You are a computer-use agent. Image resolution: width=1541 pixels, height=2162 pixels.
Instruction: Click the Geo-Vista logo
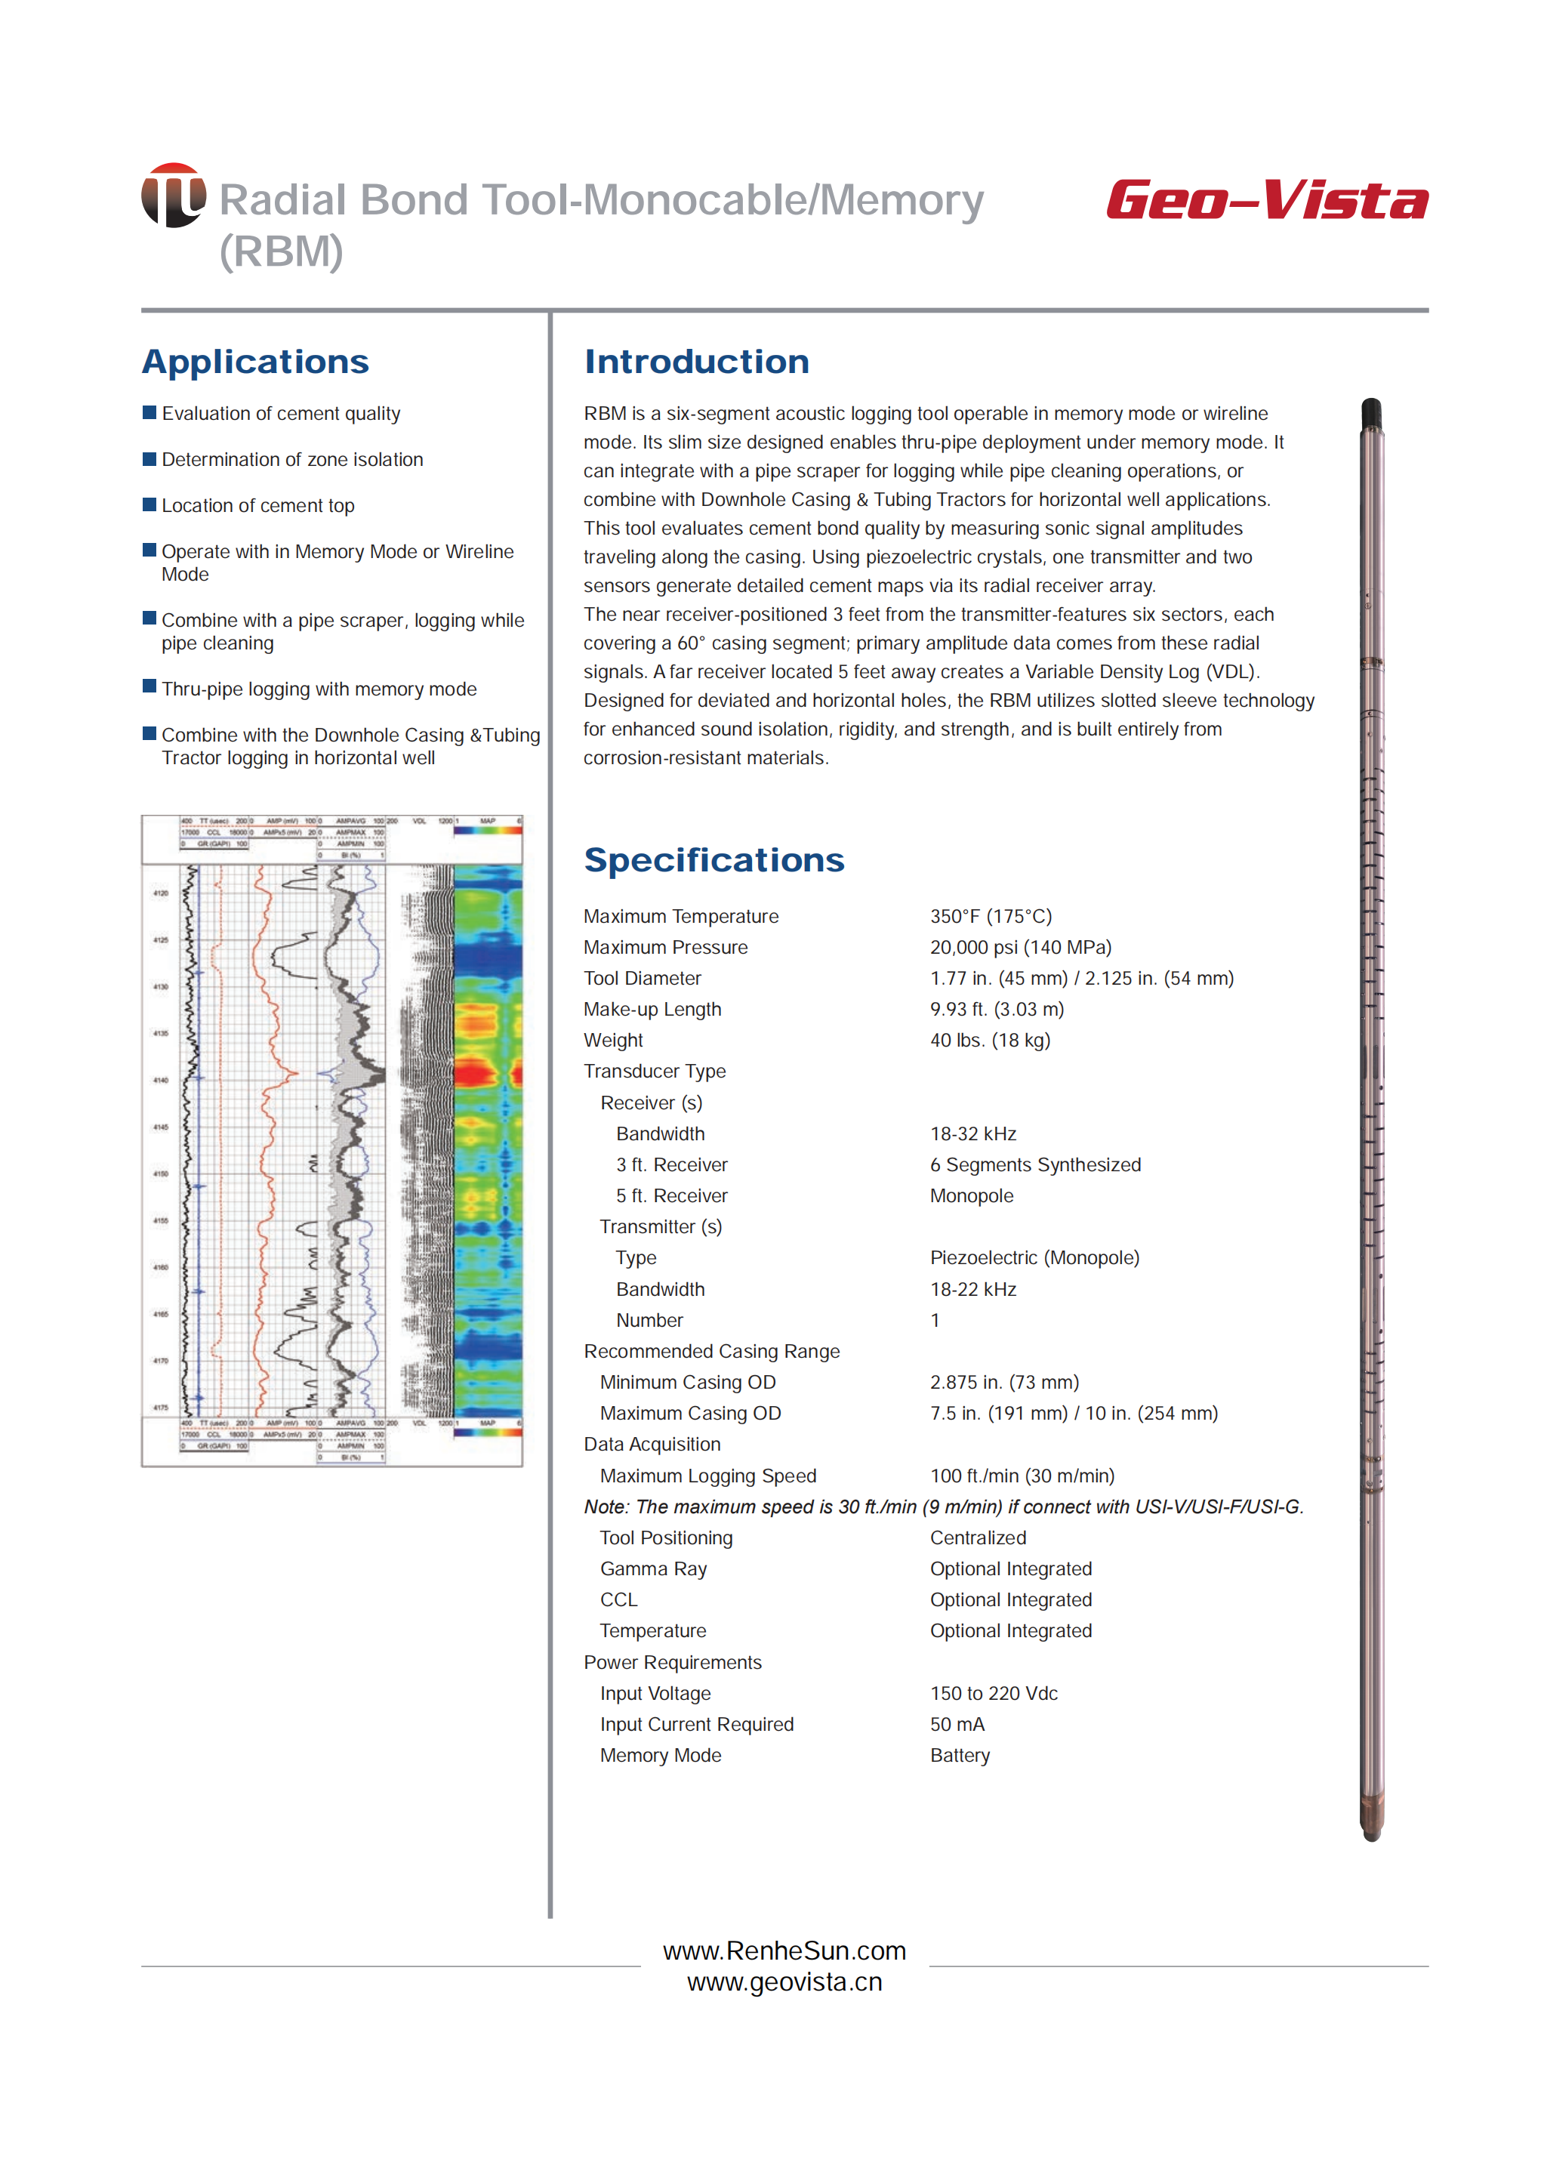click(x=1266, y=200)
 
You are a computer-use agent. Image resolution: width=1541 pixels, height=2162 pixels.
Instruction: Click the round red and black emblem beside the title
click(x=174, y=196)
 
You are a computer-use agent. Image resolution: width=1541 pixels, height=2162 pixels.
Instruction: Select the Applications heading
click(x=255, y=362)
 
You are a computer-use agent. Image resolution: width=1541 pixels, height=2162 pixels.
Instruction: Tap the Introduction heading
click(x=696, y=362)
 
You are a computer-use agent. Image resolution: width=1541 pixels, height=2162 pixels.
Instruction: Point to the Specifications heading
click(x=713, y=860)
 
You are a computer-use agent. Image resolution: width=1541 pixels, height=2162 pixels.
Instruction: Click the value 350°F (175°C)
click(x=991, y=916)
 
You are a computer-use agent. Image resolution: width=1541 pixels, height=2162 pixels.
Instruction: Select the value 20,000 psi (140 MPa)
click(x=1020, y=947)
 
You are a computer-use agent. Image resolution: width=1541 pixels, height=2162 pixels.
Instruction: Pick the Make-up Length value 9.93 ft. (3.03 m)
click(x=997, y=1009)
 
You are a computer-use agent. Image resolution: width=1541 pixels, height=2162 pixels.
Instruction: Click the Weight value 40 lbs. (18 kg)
click(x=990, y=1040)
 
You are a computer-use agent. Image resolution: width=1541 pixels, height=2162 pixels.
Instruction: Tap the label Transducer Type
click(x=655, y=1072)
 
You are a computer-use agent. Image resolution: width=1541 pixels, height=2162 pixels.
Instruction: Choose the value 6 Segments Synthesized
click(x=1035, y=1164)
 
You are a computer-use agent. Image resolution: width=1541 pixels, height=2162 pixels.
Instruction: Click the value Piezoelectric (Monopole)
click(x=1034, y=1257)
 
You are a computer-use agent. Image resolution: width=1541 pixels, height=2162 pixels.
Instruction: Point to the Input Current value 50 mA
click(x=957, y=1725)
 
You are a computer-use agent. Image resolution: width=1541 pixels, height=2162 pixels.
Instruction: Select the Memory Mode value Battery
click(x=960, y=1756)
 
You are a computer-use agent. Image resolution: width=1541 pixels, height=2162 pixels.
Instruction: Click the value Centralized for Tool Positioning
click(x=977, y=1537)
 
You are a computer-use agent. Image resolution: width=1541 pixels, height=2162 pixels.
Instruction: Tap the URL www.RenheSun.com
click(x=784, y=1951)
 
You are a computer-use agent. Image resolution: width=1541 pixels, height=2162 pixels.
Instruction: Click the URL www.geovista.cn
click(x=784, y=1982)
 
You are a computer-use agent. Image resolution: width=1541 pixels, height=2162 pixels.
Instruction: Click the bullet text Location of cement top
click(x=258, y=506)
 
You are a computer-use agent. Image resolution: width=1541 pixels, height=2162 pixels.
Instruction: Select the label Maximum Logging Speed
click(x=708, y=1476)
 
